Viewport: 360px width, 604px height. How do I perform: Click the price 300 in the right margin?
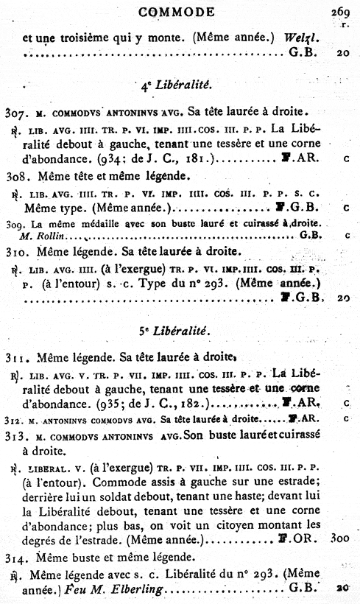coord(340,539)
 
